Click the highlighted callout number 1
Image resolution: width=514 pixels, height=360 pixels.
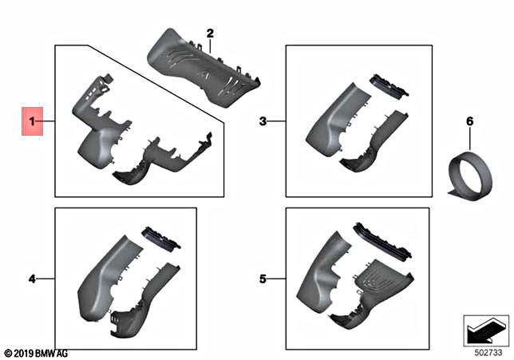(x=33, y=121)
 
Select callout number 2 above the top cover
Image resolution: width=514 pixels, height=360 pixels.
(x=211, y=34)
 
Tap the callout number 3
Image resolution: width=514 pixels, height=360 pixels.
(x=263, y=121)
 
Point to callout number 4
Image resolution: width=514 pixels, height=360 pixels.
(x=32, y=279)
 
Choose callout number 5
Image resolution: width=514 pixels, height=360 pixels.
(x=263, y=279)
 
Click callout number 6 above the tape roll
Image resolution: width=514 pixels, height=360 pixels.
(x=469, y=121)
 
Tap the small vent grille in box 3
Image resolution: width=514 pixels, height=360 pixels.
(x=389, y=86)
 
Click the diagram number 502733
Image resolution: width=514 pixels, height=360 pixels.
(x=484, y=350)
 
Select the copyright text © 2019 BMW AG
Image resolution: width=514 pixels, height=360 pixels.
(x=37, y=352)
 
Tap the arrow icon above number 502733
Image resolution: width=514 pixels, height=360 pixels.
(x=485, y=328)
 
